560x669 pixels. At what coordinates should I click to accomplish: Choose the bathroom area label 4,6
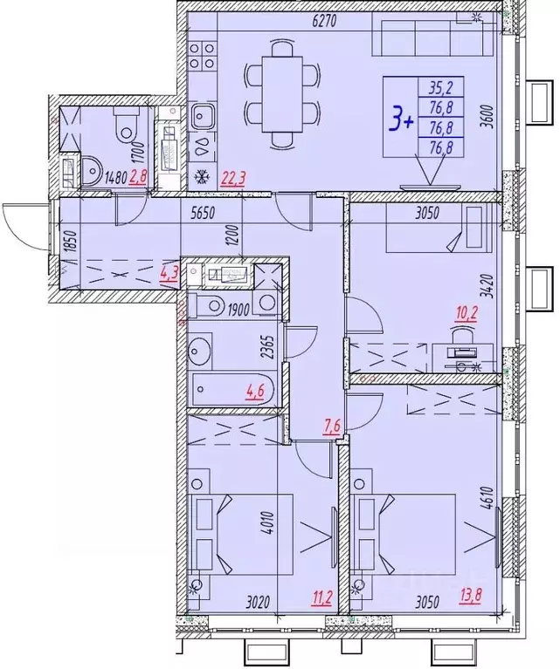[256, 391]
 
